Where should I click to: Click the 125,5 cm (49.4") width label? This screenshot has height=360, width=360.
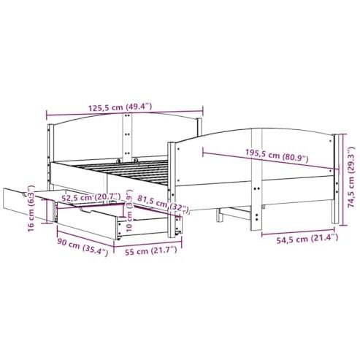click(x=120, y=107)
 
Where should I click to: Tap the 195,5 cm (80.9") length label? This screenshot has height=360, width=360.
click(x=277, y=156)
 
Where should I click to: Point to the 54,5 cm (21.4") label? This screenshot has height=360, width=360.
click(x=307, y=239)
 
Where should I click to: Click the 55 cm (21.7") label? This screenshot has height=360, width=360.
click(x=151, y=250)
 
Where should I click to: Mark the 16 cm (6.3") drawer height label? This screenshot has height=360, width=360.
click(x=31, y=209)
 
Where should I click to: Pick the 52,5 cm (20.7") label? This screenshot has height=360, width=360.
click(x=91, y=197)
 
